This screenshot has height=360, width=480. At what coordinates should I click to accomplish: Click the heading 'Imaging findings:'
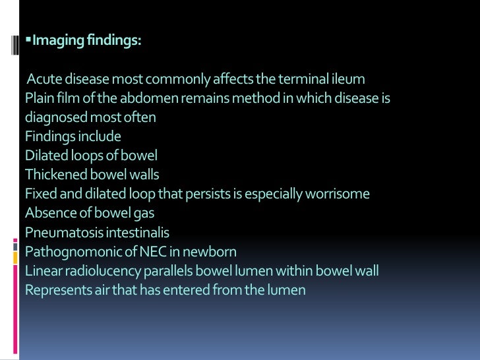86,41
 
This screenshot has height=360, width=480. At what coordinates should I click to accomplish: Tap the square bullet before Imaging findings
28,40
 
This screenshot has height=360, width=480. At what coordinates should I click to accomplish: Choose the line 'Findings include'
73,137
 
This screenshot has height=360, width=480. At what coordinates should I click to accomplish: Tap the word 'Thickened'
54,175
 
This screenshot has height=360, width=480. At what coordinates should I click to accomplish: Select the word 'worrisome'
338,195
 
